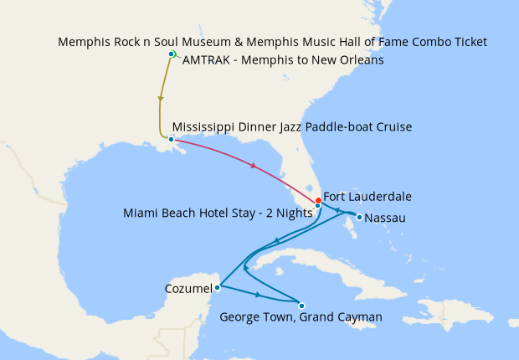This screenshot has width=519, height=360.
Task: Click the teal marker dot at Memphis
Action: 172,54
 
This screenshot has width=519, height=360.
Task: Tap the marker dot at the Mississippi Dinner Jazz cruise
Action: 171,139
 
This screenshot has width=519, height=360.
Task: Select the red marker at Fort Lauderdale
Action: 317,200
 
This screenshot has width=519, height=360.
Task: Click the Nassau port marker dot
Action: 358,218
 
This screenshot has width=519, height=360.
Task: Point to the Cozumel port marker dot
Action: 218,287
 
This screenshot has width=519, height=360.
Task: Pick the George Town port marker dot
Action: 301,305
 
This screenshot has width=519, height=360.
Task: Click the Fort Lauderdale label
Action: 367,197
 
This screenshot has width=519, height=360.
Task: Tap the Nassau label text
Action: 385,218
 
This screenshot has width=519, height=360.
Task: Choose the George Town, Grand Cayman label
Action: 301,317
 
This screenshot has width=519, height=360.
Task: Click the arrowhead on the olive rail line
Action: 160,99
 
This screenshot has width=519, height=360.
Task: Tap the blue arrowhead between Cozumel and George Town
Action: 258,296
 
